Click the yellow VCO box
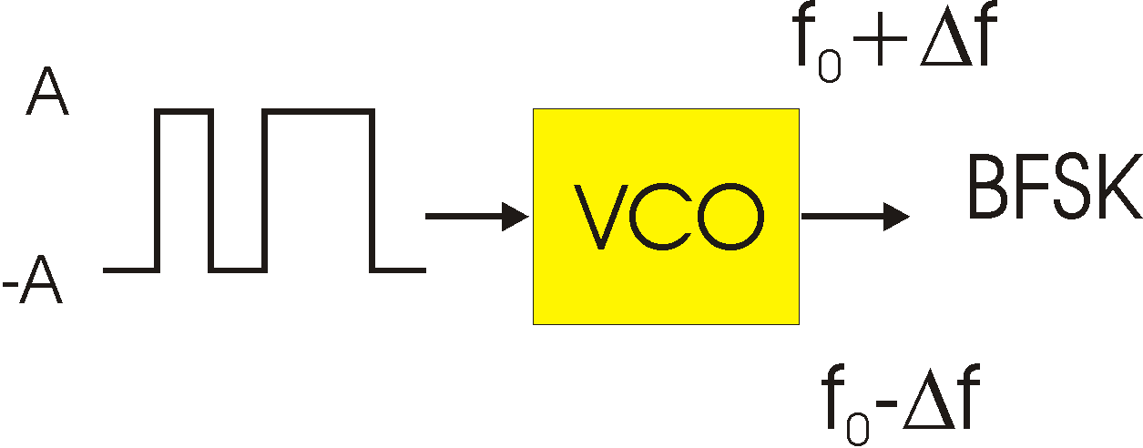coord(666,217)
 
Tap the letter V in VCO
coord(601,217)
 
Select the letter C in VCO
coord(661,217)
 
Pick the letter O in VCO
coord(730,217)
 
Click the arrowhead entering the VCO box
coord(515,217)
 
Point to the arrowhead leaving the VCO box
coord(896,217)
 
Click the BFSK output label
coord(1056,187)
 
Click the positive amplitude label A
coord(47,91)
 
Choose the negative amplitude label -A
coord(33,280)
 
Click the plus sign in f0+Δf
coord(879,39)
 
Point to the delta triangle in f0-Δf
coord(929,403)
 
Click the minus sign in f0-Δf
coord(887,403)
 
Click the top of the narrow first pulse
coord(184,112)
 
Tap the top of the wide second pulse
coord(319,112)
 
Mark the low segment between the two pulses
coord(238,270)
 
